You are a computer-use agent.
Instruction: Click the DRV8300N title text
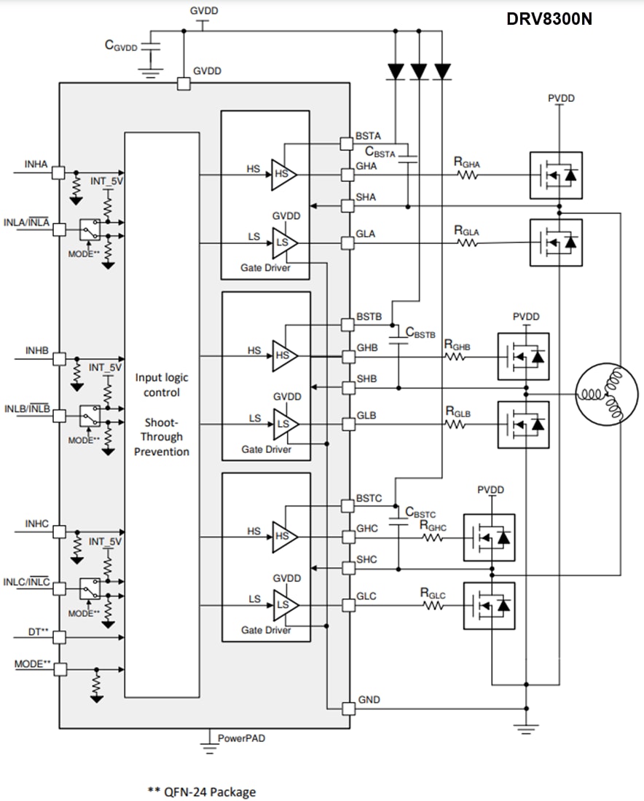click(x=549, y=20)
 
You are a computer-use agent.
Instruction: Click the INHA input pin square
click(x=58, y=173)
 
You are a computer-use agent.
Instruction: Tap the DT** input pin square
click(x=58, y=637)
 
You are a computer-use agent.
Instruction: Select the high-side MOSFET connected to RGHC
click(x=489, y=537)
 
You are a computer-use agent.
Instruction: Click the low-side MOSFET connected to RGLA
click(x=556, y=242)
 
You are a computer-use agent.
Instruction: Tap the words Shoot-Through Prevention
click(x=162, y=437)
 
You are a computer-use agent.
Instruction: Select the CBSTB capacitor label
click(x=420, y=334)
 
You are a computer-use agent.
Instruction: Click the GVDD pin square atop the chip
click(x=184, y=84)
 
